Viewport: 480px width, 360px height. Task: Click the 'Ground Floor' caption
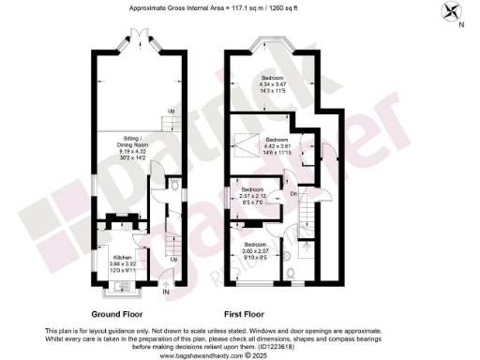point(118,314)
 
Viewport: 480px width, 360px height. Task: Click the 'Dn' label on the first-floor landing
point(292,193)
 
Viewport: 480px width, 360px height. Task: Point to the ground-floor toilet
point(177,187)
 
